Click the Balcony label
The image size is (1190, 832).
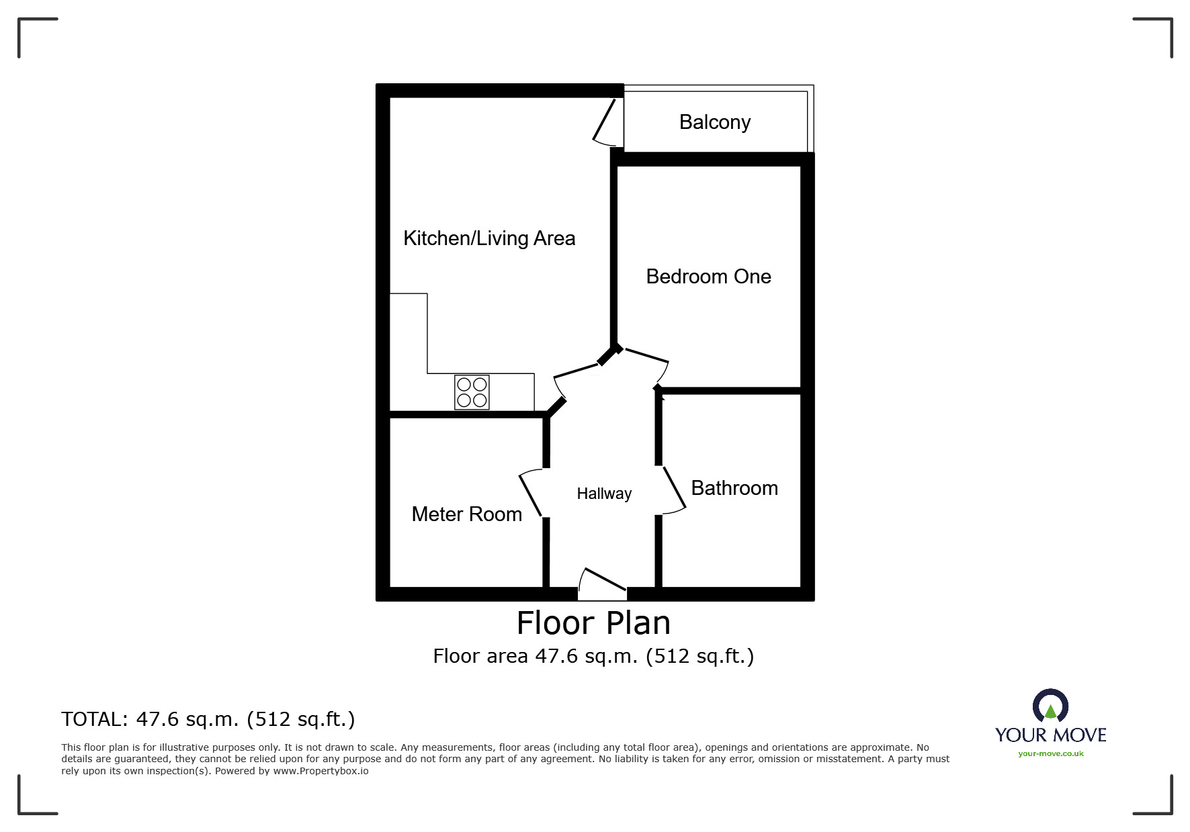tap(715, 123)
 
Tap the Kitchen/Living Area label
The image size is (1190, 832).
tap(489, 238)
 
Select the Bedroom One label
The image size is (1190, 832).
tap(708, 277)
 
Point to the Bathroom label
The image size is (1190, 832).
tap(734, 488)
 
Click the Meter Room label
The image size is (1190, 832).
tap(466, 514)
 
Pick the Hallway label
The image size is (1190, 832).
tap(604, 494)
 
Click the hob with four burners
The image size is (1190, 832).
tap(472, 392)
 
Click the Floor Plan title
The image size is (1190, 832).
tap(593, 623)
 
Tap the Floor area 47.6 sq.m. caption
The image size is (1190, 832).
tap(593, 656)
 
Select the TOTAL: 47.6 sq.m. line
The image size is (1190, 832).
tap(208, 719)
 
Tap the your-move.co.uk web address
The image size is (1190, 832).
tap(1051, 754)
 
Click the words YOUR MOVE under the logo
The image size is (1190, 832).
tap(1051, 735)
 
